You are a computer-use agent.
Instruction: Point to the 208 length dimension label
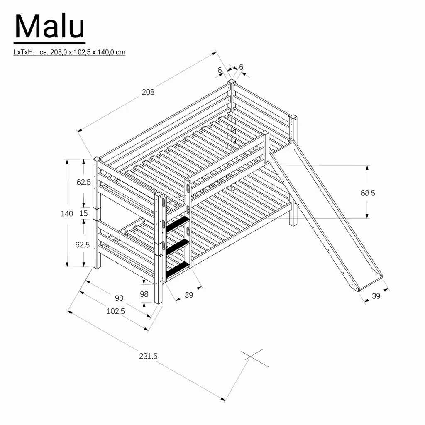(x=148, y=92)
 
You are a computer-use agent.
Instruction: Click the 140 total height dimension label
(x=66, y=214)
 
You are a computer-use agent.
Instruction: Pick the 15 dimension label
(x=83, y=214)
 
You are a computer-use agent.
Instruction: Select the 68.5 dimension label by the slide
(x=368, y=193)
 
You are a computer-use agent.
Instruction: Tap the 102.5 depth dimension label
(x=116, y=311)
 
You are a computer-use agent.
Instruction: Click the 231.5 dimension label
(x=148, y=356)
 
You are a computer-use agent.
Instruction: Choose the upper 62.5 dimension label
(x=83, y=182)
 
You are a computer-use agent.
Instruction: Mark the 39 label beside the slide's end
(x=376, y=296)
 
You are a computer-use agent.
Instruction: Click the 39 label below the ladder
(x=189, y=295)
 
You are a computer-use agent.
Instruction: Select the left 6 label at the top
(x=220, y=70)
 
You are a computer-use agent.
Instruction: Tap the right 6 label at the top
(x=241, y=67)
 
